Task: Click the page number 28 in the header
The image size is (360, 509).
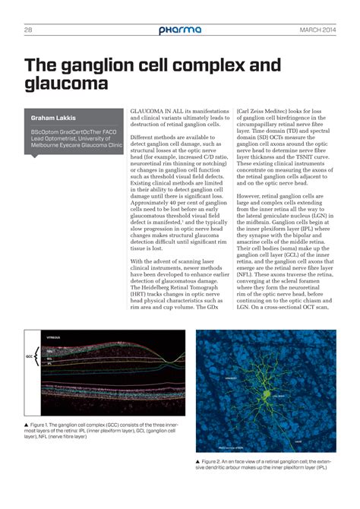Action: point(27,30)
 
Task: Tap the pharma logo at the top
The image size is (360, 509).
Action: point(180,30)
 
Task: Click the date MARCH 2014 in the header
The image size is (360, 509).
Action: point(317,30)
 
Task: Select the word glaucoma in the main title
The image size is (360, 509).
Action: point(67,82)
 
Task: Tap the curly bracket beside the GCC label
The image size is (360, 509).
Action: point(39,354)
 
